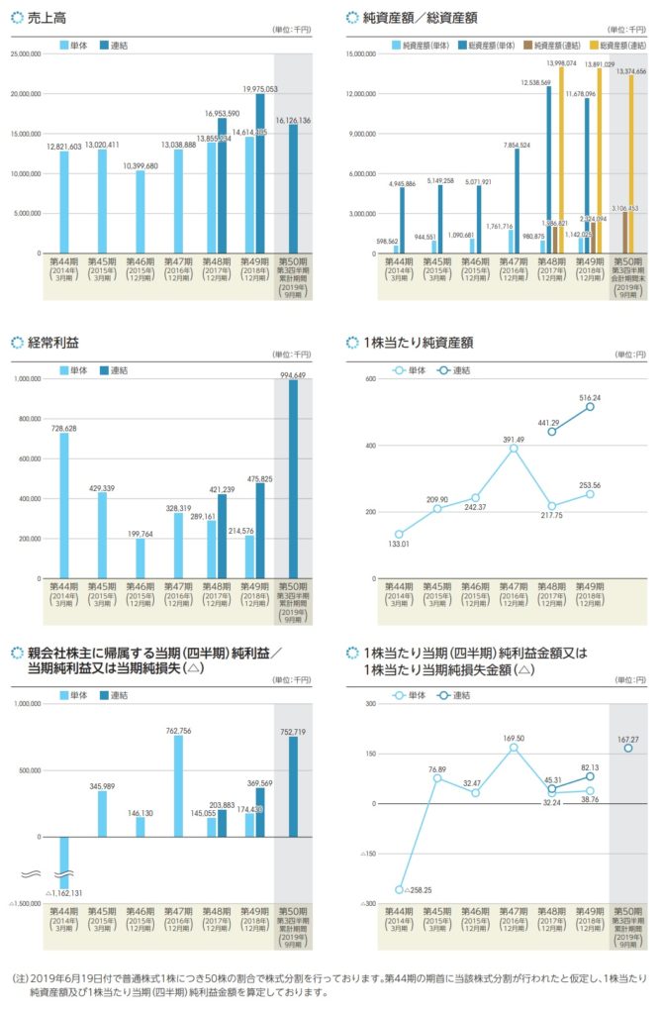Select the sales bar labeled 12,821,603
click(x=64, y=202)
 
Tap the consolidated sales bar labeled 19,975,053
click(x=259, y=174)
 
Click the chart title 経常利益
click(x=54, y=343)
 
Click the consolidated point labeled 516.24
click(x=590, y=406)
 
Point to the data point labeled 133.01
click(x=400, y=534)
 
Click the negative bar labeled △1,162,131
click(x=64, y=862)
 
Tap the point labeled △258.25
click(x=400, y=889)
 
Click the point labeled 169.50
click(x=514, y=747)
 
